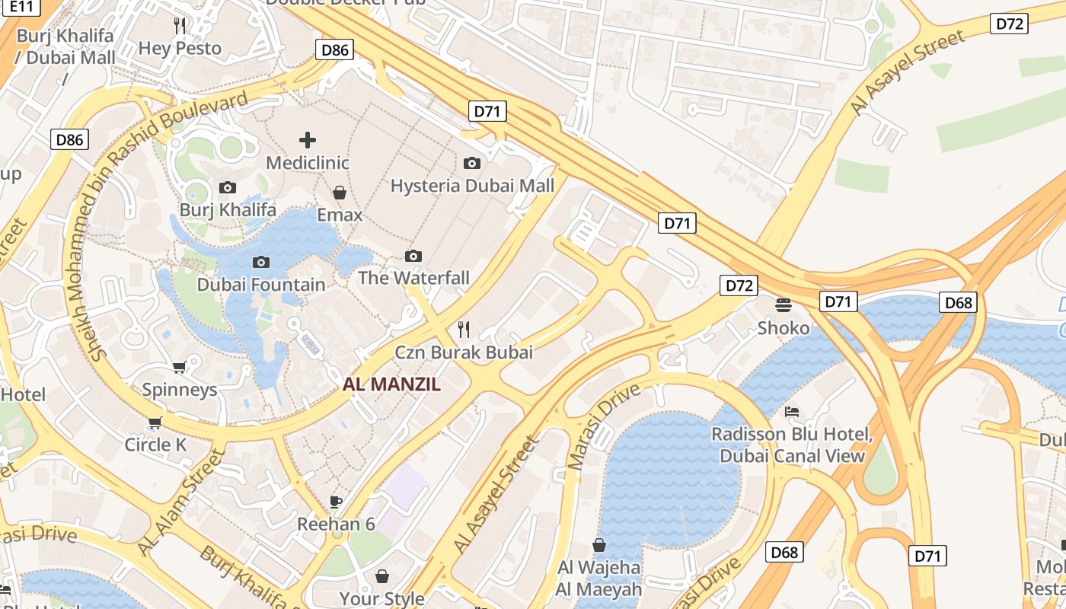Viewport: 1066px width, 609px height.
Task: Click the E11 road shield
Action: (23, 7)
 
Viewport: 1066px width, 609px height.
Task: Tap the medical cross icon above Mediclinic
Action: (308, 140)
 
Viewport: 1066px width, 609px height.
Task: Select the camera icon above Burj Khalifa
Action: (227, 187)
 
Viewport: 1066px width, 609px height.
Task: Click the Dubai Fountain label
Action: (260, 285)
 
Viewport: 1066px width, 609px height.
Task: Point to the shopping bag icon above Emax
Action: (340, 193)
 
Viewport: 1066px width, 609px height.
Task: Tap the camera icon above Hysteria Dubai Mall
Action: (472, 163)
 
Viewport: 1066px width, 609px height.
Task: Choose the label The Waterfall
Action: (413, 278)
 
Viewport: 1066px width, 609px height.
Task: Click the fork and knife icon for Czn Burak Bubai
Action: (463, 330)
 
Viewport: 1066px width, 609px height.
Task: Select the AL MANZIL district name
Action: (391, 384)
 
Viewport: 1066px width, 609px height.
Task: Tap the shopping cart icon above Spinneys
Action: (180, 368)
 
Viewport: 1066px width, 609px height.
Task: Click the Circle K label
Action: (155, 445)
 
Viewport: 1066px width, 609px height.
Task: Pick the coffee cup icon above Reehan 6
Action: (336, 501)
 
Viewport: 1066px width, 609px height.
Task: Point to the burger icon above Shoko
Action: (784, 305)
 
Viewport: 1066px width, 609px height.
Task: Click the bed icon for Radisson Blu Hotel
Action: (792, 412)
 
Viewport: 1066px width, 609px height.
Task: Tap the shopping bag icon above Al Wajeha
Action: (599, 545)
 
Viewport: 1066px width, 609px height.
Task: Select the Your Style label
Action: (381, 598)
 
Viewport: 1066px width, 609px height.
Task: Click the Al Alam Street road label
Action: (181, 502)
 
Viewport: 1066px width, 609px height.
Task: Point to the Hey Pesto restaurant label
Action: (180, 48)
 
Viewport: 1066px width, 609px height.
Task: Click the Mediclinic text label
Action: (308, 163)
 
